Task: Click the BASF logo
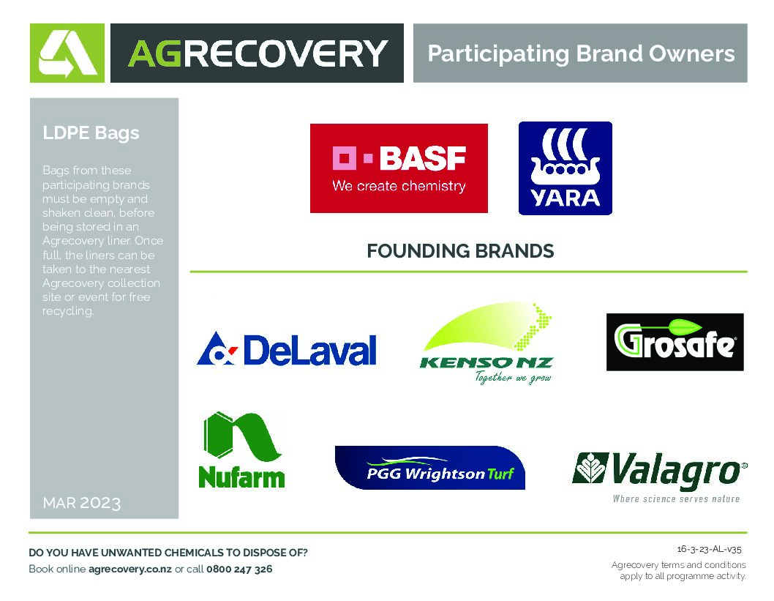click(399, 168)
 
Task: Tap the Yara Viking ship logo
click(566, 168)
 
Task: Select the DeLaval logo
click(287, 348)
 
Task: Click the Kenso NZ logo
click(486, 343)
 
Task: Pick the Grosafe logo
click(675, 342)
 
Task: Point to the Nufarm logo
click(242, 449)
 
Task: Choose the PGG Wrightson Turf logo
click(430, 468)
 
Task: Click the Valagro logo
click(660, 477)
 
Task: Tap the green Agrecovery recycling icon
click(67, 53)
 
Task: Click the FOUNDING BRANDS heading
click(460, 251)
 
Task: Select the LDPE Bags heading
click(91, 132)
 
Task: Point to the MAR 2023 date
click(81, 503)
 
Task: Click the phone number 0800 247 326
click(239, 569)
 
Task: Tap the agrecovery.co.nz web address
click(130, 569)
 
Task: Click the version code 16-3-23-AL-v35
click(710, 549)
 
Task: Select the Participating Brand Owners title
click(581, 53)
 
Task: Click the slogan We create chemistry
click(399, 186)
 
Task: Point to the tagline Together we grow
click(513, 378)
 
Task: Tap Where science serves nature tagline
click(676, 499)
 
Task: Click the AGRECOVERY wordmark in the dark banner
click(258, 53)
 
